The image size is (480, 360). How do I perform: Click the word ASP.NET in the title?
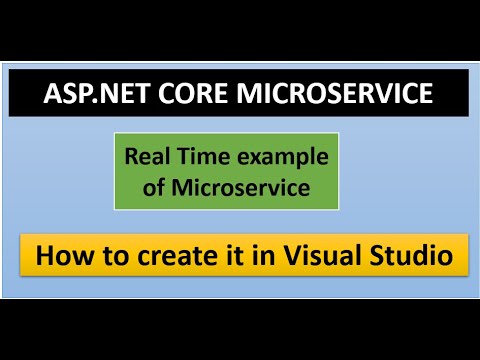point(92,95)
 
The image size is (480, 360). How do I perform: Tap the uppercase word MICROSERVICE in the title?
point(326,95)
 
